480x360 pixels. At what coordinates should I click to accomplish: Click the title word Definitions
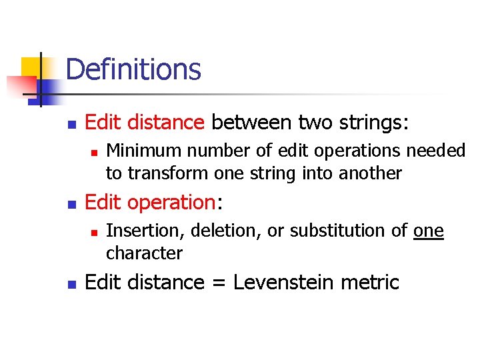(x=133, y=69)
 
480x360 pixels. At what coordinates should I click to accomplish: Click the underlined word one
(x=429, y=231)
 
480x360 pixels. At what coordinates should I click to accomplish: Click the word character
(x=144, y=253)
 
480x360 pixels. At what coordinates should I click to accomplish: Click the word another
(x=371, y=173)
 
